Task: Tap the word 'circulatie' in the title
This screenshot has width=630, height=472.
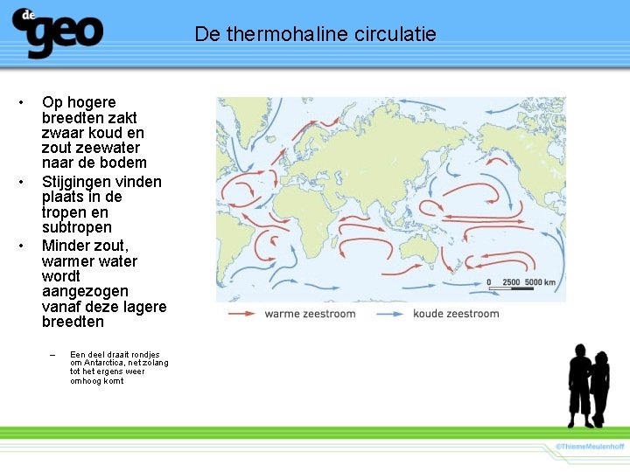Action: pos(395,34)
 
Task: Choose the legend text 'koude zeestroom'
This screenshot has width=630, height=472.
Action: pos(456,314)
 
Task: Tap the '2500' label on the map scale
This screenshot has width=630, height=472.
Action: pos(511,282)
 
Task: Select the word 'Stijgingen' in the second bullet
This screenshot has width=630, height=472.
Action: pos(78,182)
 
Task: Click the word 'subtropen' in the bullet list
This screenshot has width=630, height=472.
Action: pos(77,227)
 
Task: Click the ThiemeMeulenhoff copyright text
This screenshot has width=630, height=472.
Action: pos(590,447)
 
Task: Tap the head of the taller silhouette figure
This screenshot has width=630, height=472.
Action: pos(579,352)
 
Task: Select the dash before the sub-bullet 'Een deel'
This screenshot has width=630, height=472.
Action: pos(52,355)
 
